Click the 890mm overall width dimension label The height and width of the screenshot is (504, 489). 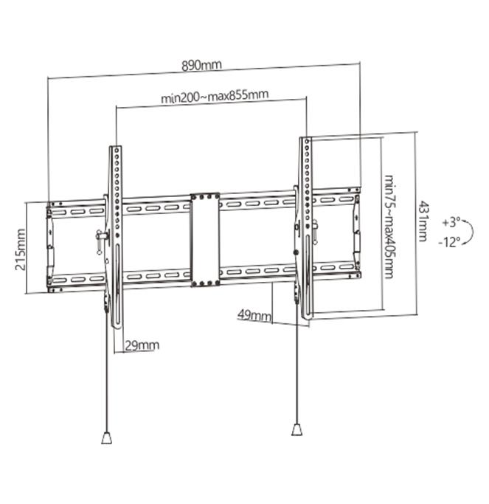(201, 65)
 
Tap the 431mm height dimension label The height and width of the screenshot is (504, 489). (423, 221)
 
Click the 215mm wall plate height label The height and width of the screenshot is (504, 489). (20, 249)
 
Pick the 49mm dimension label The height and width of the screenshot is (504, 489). (254, 315)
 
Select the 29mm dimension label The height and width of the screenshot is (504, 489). (142, 345)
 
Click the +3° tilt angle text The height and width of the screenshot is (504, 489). (451, 221)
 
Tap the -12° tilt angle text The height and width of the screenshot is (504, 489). (449, 241)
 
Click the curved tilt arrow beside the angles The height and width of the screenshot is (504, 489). (469, 231)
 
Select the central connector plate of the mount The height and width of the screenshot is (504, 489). (204, 240)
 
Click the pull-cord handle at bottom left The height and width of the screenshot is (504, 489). (106, 438)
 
